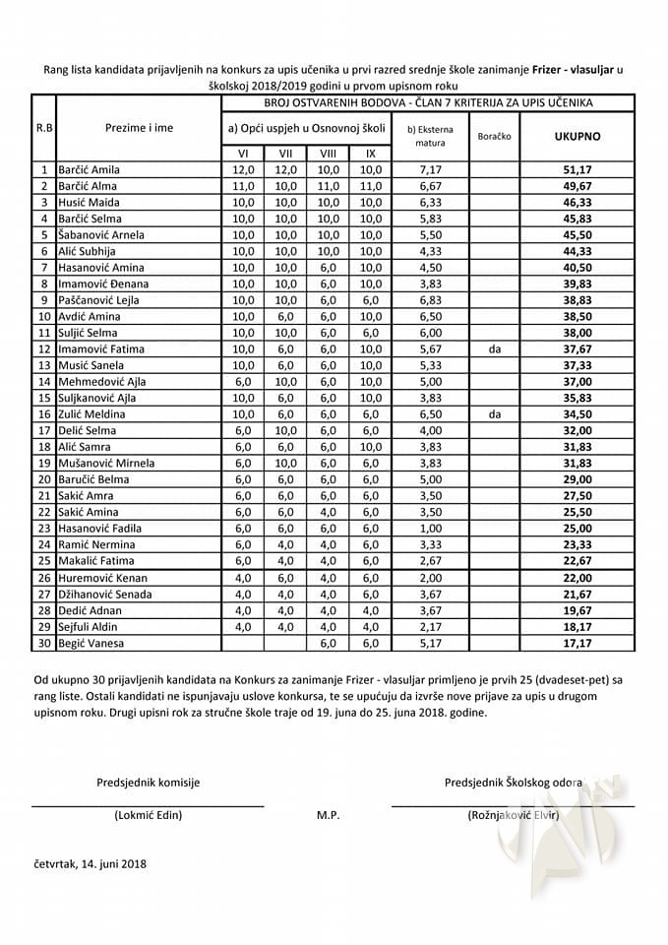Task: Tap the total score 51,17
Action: [x=577, y=169]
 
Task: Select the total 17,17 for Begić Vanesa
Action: [x=577, y=643]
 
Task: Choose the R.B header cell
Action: [x=44, y=127]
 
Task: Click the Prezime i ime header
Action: [x=139, y=127]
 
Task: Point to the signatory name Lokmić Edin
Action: [x=148, y=815]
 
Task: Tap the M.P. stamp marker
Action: [x=329, y=816]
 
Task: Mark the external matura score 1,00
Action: [x=430, y=528]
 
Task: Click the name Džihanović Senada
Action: [x=108, y=594]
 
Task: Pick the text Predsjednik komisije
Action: [x=148, y=783]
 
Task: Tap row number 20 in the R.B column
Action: [x=44, y=479]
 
